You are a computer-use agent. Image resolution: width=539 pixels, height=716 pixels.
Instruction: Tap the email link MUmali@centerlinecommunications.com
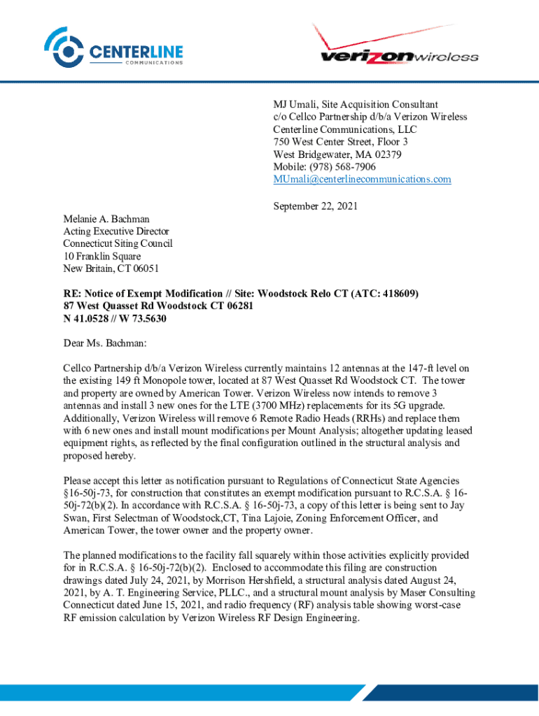tap(362, 180)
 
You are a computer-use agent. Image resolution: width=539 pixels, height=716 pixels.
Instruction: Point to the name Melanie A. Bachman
tap(106, 219)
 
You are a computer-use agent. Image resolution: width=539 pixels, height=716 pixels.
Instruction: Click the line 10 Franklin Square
tap(101, 257)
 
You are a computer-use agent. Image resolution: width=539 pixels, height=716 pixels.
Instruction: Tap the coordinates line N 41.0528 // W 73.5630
tap(115, 319)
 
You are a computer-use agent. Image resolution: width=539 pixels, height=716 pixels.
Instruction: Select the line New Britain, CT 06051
tap(108, 269)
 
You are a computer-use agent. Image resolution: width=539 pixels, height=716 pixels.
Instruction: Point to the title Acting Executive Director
tap(115, 231)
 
